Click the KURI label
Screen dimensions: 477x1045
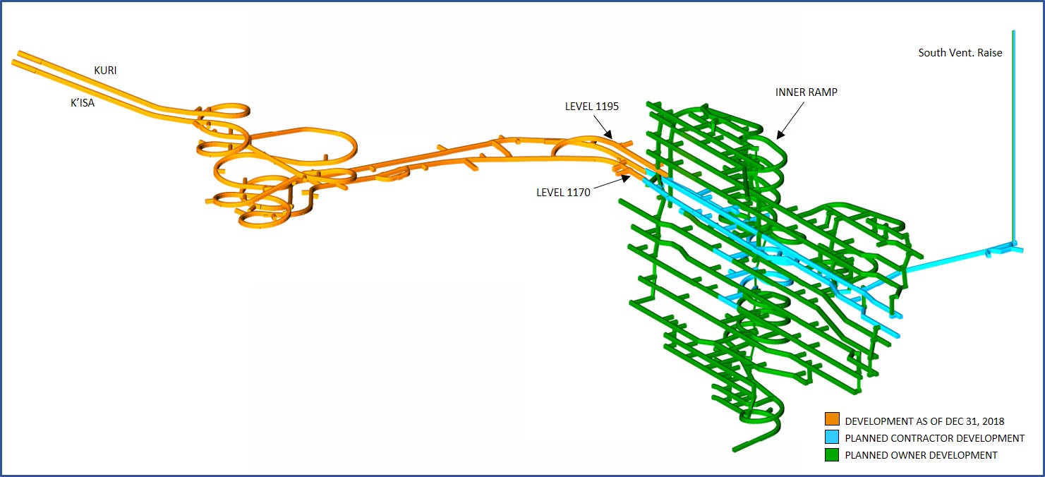click(105, 71)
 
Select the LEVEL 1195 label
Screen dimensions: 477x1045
click(591, 107)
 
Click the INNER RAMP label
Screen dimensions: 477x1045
click(806, 92)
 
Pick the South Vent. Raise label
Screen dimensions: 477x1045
click(960, 53)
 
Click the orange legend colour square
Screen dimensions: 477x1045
click(832, 421)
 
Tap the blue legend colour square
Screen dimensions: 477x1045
click(832, 438)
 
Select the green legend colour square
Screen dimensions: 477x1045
click(832, 455)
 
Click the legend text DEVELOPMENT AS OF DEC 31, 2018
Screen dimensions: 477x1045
click(924, 421)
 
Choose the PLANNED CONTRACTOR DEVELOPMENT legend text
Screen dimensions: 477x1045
click(934, 438)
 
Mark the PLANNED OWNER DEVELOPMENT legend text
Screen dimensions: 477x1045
click(921, 455)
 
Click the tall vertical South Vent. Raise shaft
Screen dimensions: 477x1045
click(1013, 141)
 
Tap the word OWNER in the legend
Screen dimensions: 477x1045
click(912, 455)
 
